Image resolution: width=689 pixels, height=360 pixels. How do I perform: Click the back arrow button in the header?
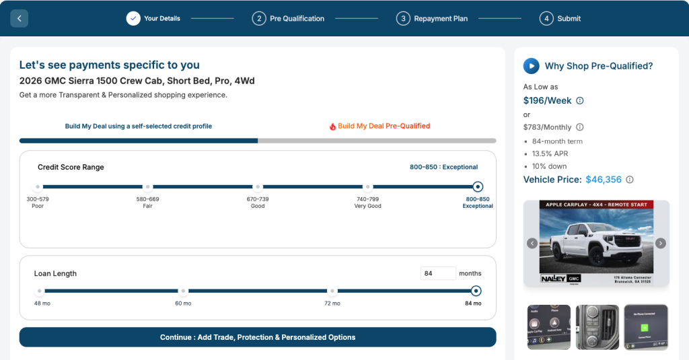click(19, 18)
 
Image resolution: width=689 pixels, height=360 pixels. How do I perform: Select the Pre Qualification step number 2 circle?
click(259, 18)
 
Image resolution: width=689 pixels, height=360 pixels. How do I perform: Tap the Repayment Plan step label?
click(441, 18)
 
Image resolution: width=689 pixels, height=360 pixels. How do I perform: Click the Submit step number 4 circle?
click(546, 18)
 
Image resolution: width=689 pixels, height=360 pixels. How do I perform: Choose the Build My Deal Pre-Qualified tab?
click(380, 126)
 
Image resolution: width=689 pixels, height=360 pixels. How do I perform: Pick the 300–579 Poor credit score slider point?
click(38, 187)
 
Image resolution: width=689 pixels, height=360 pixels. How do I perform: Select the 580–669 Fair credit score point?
click(147, 187)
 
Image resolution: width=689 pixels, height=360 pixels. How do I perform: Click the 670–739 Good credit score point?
click(258, 187)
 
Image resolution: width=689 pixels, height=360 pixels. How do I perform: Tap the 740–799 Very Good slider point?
click(367, 187)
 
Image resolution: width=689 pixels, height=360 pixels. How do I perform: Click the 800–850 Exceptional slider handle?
click(478, 187)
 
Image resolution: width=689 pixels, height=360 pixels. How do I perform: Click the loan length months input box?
click(437, 273)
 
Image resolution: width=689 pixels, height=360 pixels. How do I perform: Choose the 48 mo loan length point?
click(40, 291)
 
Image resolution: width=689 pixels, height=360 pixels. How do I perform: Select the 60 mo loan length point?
click(183, 291)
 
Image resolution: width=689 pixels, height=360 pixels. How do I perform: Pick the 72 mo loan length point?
click(332, 291)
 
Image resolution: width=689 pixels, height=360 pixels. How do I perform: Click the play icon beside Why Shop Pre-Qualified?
click(532, 66)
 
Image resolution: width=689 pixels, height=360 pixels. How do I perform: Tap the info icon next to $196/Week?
click(580, 101)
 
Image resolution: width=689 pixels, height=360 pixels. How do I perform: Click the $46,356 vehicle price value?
click(604, 180)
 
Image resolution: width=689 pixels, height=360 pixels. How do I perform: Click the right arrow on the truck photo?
click(660, 243)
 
